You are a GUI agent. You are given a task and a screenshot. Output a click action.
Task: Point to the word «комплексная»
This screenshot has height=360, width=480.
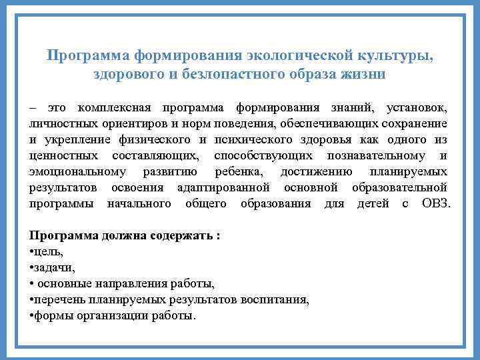click(x=115, y=107)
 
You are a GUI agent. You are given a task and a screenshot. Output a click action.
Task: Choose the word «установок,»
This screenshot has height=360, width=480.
click(x=417, y=107)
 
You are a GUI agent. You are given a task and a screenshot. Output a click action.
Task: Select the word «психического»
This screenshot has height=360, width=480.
click(x=254, y=139)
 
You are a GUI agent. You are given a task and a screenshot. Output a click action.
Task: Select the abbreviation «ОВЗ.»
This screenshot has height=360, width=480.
click(x=436, y=203)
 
